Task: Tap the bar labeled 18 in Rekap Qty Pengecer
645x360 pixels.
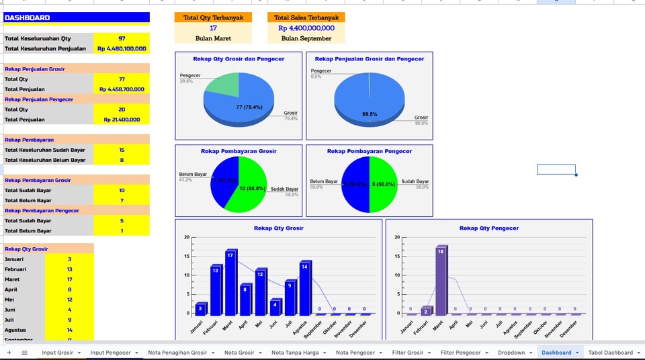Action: tap(441, 281)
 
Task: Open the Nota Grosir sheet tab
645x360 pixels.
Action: tap(239, 353)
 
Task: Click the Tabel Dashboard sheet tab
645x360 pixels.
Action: tap(610, 353)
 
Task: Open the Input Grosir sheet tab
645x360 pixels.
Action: tap(58, 353)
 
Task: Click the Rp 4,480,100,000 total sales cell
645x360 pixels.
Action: tap(122, 48)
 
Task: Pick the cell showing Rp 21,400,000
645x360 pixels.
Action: tap(122, 120)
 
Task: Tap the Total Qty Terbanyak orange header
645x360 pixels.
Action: tap(213, 17)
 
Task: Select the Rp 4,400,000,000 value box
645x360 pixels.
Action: tap(306, 28)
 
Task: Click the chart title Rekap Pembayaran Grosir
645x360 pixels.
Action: tap(239, 151)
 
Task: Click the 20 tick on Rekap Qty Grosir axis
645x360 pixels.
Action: tap(187, 238)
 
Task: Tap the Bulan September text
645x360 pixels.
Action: tap(306, 38)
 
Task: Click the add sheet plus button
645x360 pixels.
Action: tap(9, 353)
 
